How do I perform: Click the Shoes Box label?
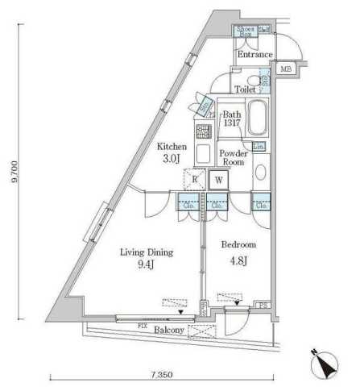pyautogui.click(x=246, y=32)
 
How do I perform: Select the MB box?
pyautogui.click(x=286, y=69)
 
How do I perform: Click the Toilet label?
pyautogui.click(x=245, y=91)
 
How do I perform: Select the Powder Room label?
pyautogui.click(x=234, y=156)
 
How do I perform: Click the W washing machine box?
pyautogui.click(x=218, y=181)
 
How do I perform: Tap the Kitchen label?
pyautogui.click(x=172, y=148)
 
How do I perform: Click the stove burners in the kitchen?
pyautogui.click(x=201, y=129)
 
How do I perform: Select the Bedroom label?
pyautogui.click(x=238, y=243)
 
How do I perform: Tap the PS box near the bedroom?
pyautogui.click(x=263, y=304)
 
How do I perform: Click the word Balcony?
pyautogui.click(x=168, y=331)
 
